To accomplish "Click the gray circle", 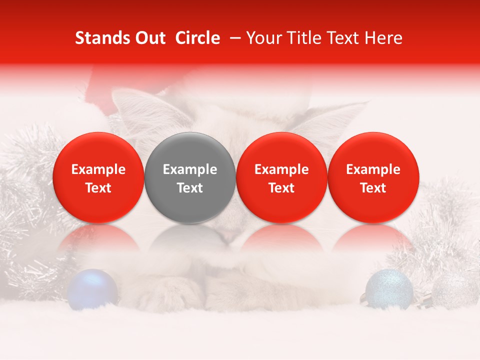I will [190, 177].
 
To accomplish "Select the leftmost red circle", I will [98, 177].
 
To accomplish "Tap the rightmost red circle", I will [373, 177].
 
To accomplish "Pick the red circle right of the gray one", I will [281, 177].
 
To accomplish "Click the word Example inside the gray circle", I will [190, 169].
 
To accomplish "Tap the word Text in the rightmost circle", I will [373, 188].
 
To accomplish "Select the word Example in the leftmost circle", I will [98, 169].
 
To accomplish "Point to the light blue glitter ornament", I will [388, 288].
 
